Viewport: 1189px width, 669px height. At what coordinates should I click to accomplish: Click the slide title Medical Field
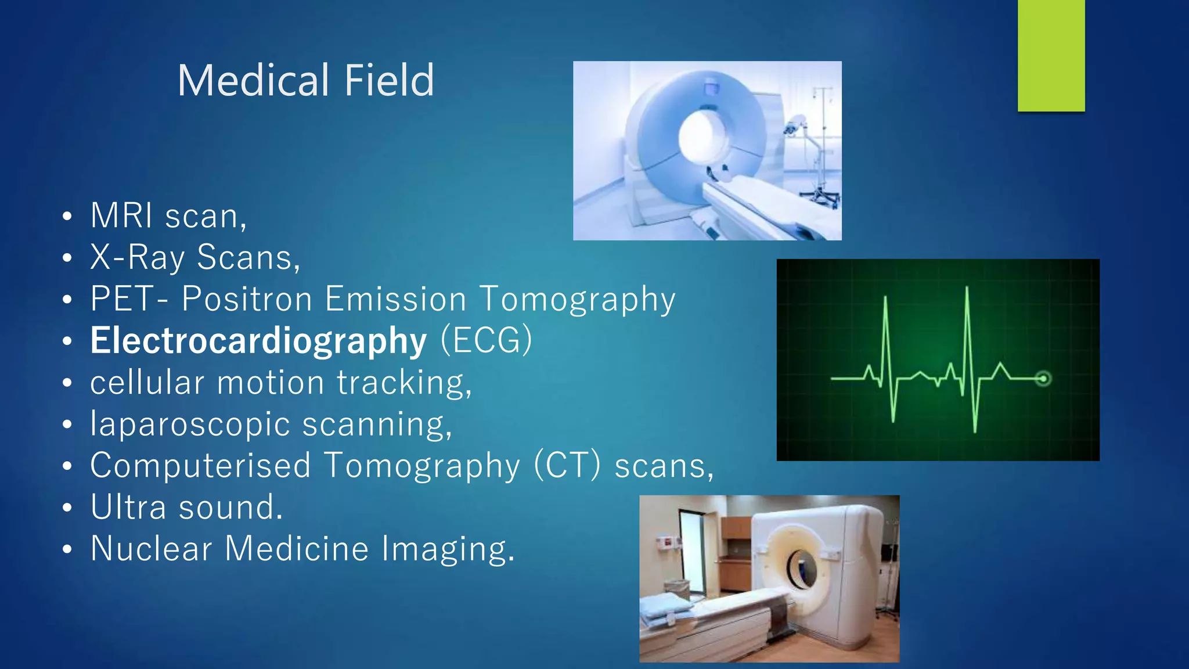click(306, 80)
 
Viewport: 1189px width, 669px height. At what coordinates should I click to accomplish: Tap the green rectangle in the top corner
click(1051, 55)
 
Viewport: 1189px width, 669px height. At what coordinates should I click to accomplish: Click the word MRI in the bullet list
click(121, 215)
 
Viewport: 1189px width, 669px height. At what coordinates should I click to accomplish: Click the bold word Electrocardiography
click(258, 341)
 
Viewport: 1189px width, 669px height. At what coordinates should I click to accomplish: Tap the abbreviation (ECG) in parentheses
click(487, 340)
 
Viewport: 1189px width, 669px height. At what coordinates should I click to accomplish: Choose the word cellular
click(147, 383)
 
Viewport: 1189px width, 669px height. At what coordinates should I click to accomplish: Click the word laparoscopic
click(190, 425)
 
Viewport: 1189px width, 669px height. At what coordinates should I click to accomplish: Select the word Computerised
click(201, 466)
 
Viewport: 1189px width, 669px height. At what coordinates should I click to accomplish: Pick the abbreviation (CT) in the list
click(567, 466)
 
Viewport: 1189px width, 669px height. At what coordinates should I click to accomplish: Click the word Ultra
click(129, 507)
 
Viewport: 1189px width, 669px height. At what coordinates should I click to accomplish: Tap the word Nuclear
click(152, 549)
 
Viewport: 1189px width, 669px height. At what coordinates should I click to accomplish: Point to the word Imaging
click(448, 549)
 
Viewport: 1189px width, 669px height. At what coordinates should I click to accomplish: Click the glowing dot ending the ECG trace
click(1043, 379)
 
